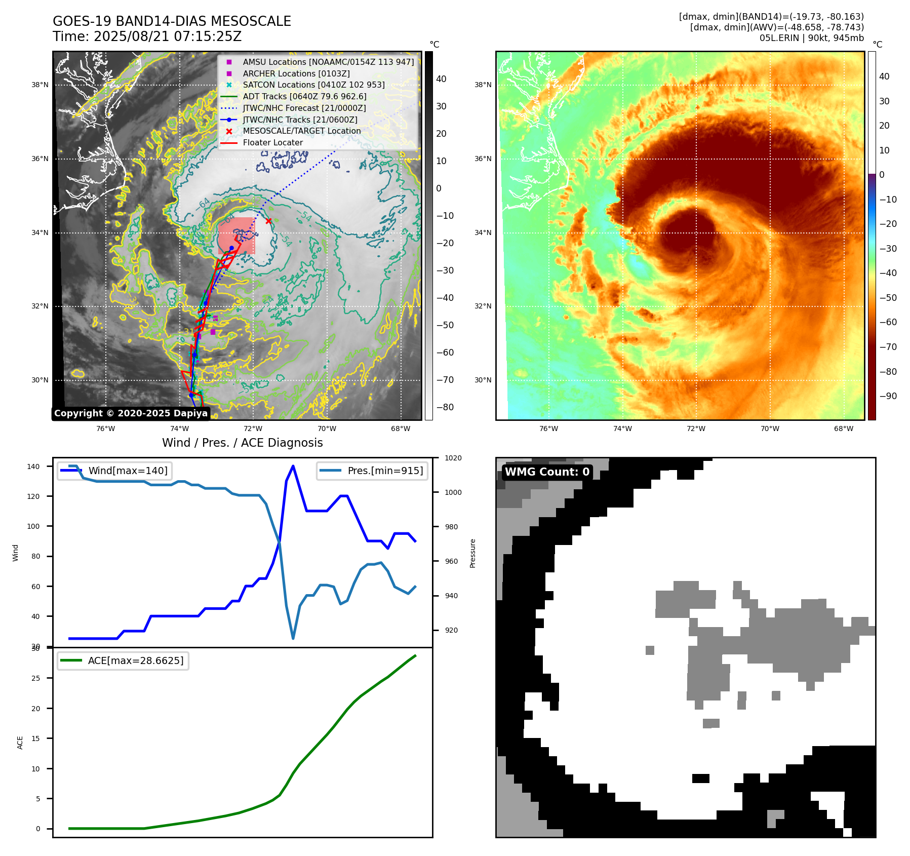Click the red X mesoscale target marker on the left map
pos(268,221)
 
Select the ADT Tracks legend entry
pos(304,96)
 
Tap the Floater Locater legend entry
pos(272,143)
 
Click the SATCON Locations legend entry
pos(313,85)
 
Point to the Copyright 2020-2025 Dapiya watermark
pos(131,413)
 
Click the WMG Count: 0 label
pos(547,472)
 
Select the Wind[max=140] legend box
pos(114,471)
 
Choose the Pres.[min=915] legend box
pos(372,471)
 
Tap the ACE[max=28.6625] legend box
pos(123,660)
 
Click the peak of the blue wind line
pos(293,466)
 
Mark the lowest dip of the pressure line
pos(293,638)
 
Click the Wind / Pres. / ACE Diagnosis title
pos(242,443)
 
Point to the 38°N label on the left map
pos(40,85)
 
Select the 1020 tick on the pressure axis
pos(453,458)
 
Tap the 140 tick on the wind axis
pos(33,466)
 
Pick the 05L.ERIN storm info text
pos(811,38)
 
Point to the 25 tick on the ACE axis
pos(35,678)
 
